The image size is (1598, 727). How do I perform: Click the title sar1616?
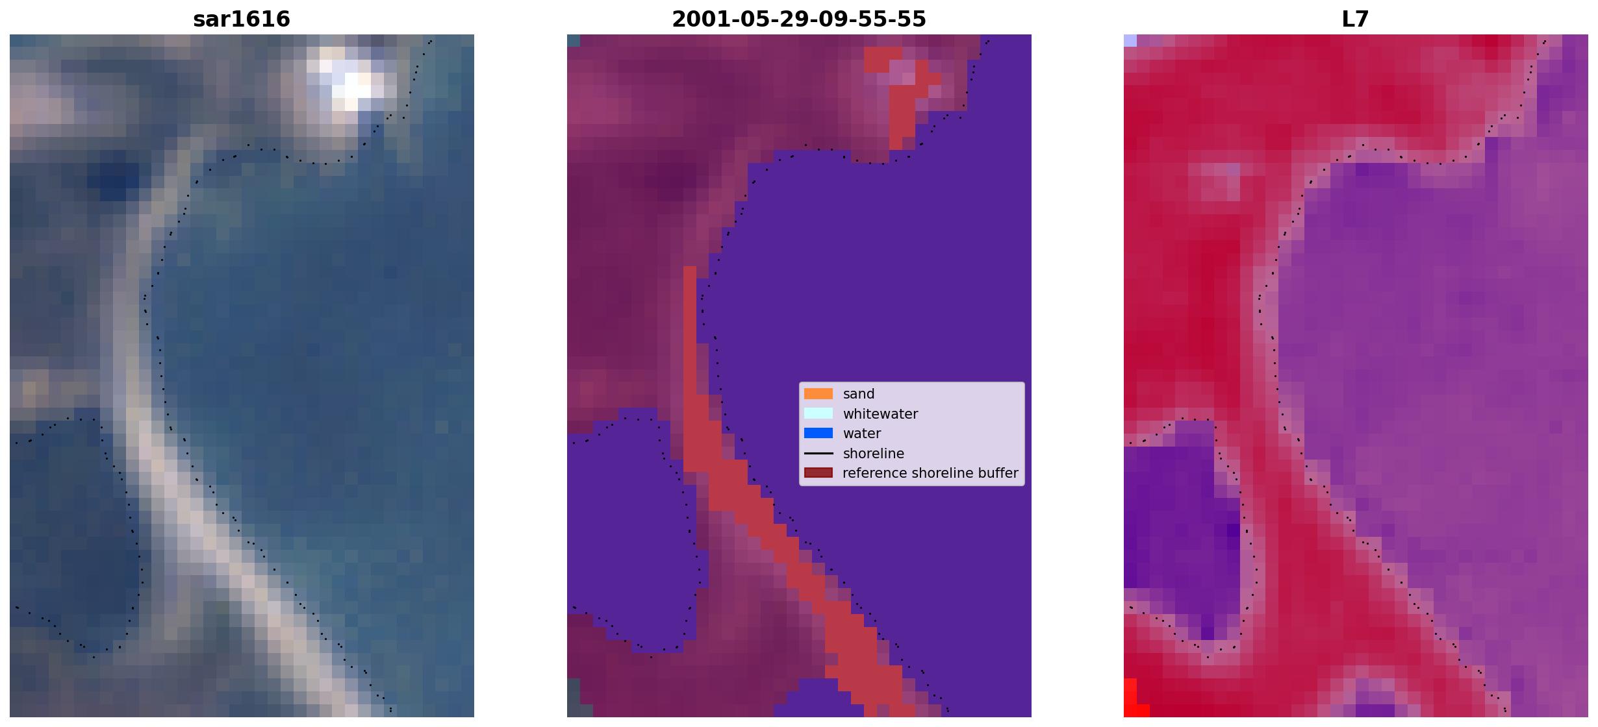tap(242, 19)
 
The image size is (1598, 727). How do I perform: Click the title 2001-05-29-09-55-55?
tap(799, 19)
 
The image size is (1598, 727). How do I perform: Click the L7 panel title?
tap(1356, 19)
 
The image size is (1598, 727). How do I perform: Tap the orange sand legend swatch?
tap(818, 394)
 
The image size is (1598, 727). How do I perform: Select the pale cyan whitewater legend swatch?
tap(818, 413)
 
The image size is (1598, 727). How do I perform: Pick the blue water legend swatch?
tap(818, 434)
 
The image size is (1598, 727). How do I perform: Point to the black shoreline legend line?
tap(818, 453)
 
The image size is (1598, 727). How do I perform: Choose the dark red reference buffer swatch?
tap(818, 473)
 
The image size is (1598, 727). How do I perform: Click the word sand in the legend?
tap(859, 394)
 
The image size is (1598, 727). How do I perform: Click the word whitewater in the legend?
tap(880, 414)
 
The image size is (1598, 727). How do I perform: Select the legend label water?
tap(862, 434)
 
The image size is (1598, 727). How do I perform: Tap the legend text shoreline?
tap(874, 453)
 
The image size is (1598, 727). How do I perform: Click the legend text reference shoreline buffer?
tap(930, 473)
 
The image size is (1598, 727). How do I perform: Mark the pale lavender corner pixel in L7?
tap(1130, 40)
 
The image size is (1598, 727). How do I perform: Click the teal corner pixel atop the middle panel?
tap(574, 40)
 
